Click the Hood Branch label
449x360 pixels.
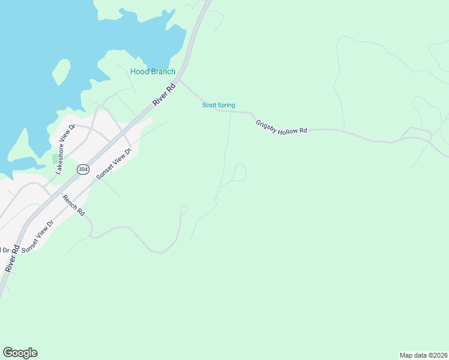coord(153,71)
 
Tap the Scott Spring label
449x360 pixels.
coord(218,105)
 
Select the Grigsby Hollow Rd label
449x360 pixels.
coord(282,127)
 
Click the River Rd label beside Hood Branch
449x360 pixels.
coord(163,95)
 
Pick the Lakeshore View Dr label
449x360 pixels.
coord(64,149)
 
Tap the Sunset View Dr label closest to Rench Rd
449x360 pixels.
coord(38,236)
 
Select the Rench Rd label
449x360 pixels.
coord(74,205)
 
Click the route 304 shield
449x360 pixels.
coord(83,170)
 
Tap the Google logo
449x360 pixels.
coord(20,352)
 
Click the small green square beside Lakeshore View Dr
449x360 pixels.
coord(55,159)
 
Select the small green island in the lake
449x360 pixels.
coord(61,71)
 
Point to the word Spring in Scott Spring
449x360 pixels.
coord(226,105)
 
